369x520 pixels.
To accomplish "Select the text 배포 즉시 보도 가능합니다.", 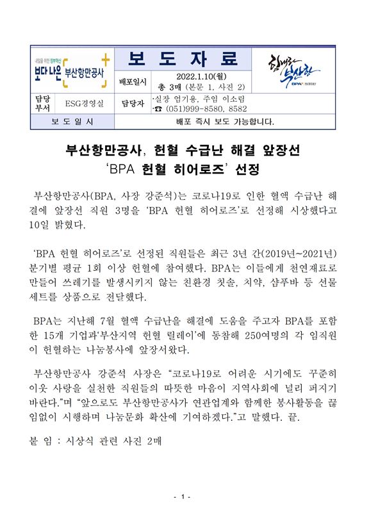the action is click(224, 121).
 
